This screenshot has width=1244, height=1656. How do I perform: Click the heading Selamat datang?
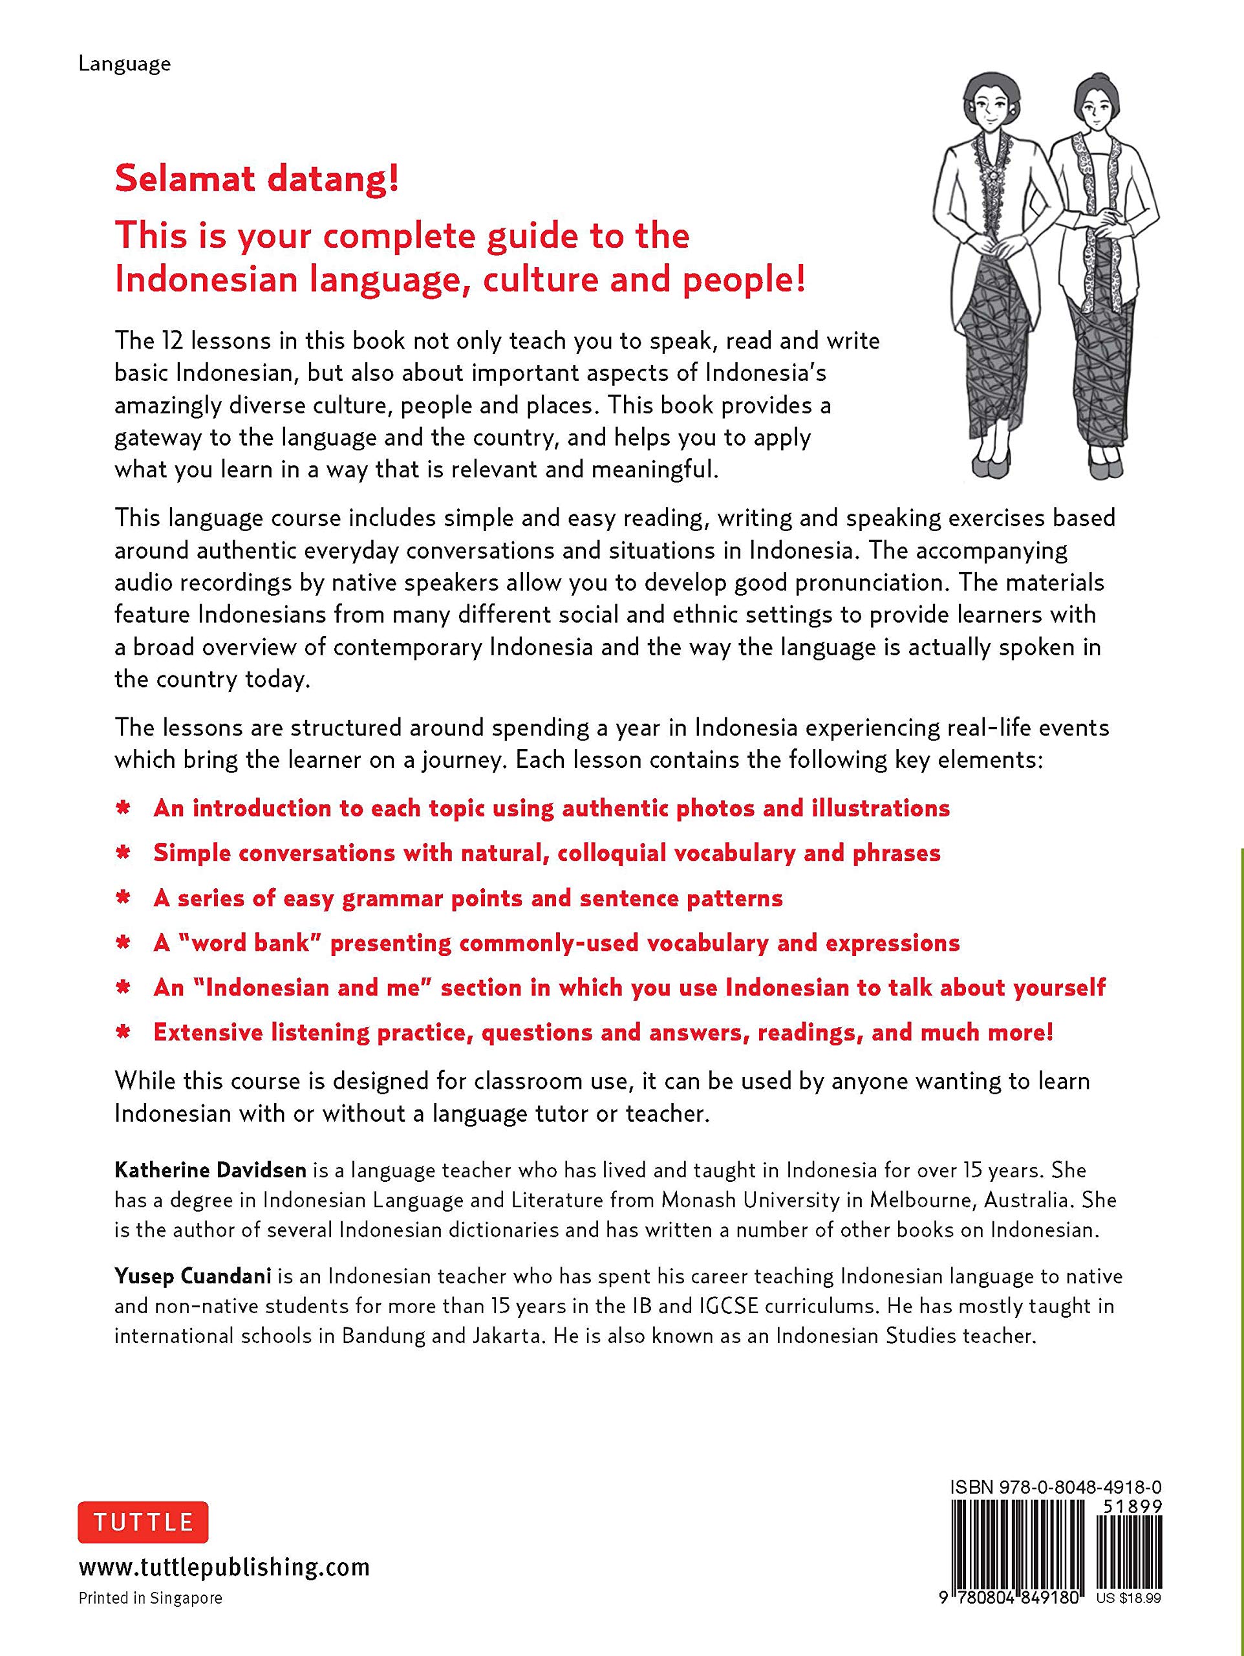tap(257, 180)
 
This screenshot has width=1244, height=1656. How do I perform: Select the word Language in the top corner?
tap(124, 63)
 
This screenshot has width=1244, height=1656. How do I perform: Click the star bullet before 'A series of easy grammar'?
tap(123, 899)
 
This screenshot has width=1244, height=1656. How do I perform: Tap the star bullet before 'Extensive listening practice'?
tap(123, 1033)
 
